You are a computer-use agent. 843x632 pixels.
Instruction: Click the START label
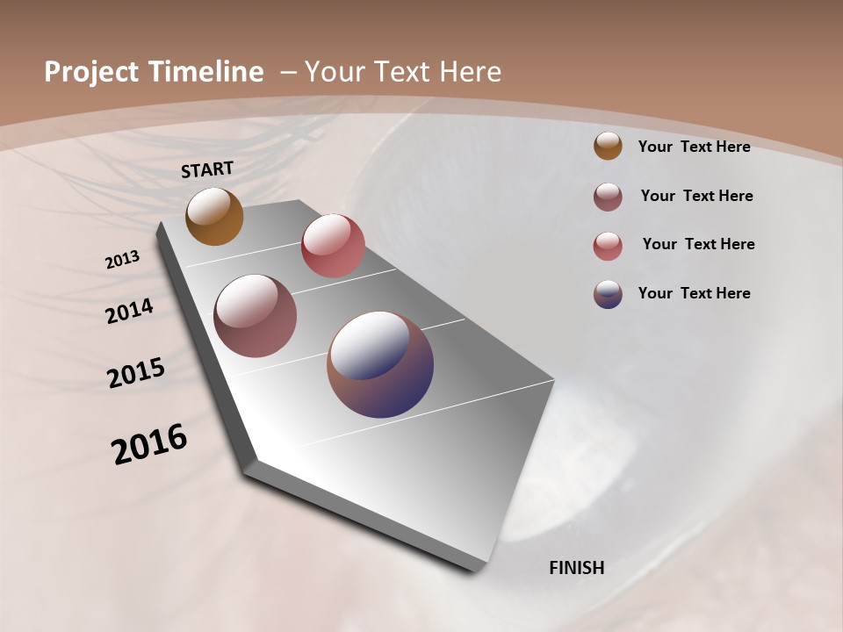pos(207,169)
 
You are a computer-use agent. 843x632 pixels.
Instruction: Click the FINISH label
pos(576,568)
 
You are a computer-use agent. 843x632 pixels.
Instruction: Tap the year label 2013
pos(123,260)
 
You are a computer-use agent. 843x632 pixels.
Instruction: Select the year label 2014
pos(130,311)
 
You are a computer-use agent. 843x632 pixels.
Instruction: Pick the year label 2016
pos(149,444)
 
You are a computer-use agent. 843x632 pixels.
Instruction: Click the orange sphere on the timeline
pos(214,216)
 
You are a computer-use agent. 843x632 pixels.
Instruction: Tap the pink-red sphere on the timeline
pos(333,245)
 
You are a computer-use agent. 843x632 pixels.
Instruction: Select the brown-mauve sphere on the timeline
pos(255,316)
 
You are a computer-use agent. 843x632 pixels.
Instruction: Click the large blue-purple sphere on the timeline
pos(380,363)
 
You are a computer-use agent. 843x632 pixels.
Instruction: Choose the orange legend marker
pos(608,147)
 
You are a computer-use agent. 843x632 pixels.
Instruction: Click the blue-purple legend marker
pos(608,293)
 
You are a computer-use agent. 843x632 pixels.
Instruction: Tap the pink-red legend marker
pos(608,245)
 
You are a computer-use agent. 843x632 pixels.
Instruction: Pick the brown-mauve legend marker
pos(608,196)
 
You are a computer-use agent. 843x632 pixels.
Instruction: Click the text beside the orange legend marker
pos(694,147)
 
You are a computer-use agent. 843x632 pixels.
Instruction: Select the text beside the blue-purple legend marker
pos(694,293)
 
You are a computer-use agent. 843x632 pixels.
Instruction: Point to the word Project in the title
pos(91,72)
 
